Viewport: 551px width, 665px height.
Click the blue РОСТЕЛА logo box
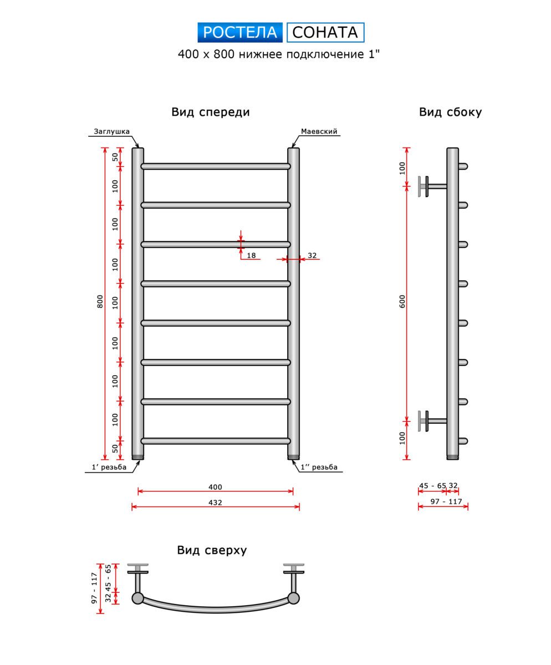pyautogui.click(x=240, y=33)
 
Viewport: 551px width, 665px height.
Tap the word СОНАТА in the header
pyautogui.click(x=325, y=33)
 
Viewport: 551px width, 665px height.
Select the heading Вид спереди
pyautogui.click(x=211, y=112)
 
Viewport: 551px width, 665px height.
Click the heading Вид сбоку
pyautogui.click(x=450, y=112)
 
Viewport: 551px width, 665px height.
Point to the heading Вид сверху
pyautogui.click(x=212, y=550)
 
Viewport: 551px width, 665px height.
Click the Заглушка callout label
pyautogui.click(x=111, y=131)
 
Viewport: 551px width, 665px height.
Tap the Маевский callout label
pyautogui.click(x=319, y=131)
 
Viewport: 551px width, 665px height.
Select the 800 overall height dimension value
pyautogui.click(x=100, y=301)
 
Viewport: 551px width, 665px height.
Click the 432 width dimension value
pyautogui.click(x=215, y=503)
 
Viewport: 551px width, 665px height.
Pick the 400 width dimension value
pyautogui.click(x=215, y=487)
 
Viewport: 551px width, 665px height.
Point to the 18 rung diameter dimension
pyautogui.click(x=251, y=255)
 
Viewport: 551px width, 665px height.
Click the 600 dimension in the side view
pyautogui.click(x=403, y=301)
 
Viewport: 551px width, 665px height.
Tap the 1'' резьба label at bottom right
pyautogui.click(x=319, y=467)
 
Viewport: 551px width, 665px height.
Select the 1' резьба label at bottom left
pyautogui.click(x=109, y=467)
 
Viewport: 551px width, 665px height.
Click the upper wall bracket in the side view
pyautogui.click(x=430, y=186)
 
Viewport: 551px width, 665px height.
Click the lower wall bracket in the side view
pyautogui.click(x=430, y=421)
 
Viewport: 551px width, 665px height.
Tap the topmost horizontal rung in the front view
pyautogui.click(x=215, y=166)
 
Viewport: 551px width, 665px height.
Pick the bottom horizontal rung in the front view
pyautogui.click(x=215, y=441)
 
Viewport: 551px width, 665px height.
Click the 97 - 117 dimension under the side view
pyautogui.click(x=447, y=502)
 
